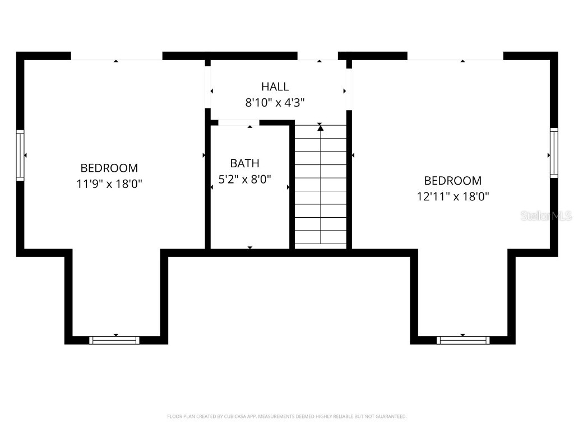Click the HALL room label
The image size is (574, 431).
(x=275, y=86)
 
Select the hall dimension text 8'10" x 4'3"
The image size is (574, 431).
(x=275, y=102)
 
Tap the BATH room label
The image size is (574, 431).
(x=244, y=163)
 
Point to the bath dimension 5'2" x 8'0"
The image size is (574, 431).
(x=244, y=179)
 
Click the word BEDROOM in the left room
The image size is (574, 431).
(x=109, y=168)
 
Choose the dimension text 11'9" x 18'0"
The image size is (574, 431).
(x=109, y=184)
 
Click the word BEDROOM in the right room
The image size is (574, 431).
(x=452, y=181)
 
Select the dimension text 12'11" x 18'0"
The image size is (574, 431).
(x=452, y=196)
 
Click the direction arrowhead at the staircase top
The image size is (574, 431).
(x=320, y=129)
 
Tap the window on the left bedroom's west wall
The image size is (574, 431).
(x=20, y=155)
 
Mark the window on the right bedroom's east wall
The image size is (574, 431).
(x=554, y=153)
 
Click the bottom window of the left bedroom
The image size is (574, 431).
(x=114, y=340)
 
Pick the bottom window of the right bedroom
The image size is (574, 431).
(x=463, y=340)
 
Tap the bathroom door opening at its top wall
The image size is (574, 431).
(x=239, y=122)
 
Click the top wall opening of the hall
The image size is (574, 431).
(x=317, y=56)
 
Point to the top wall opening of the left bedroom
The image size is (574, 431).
(x=116, y=56)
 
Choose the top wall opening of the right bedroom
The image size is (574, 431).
(x=455, y=56)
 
